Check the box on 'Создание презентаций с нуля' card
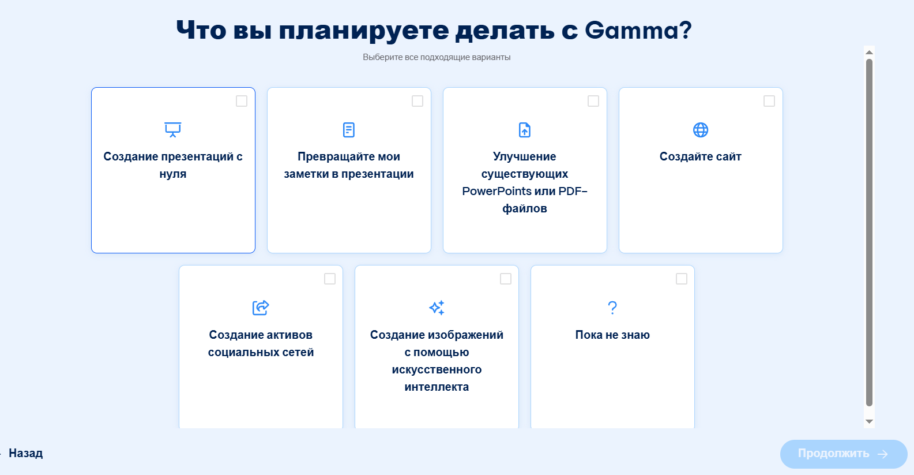pos(242,101)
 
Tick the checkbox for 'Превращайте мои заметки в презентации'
pos(417,101)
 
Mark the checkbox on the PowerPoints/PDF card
pos(593,101)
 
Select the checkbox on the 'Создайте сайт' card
pos(769,101)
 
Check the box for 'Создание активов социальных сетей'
pos(330,279)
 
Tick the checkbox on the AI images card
pos(506,279)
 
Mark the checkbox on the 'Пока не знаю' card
pos(682,279)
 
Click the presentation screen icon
pos(173,130)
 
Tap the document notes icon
pos(349,130)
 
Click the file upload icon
pos(525,130)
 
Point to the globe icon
pos(701,130)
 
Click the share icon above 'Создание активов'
pos(261,308)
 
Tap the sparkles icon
pos(437,308)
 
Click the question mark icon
pos(612,308)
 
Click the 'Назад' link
pos(26,453)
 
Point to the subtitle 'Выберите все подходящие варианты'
pos(437,57)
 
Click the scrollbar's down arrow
pos(870,422)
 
